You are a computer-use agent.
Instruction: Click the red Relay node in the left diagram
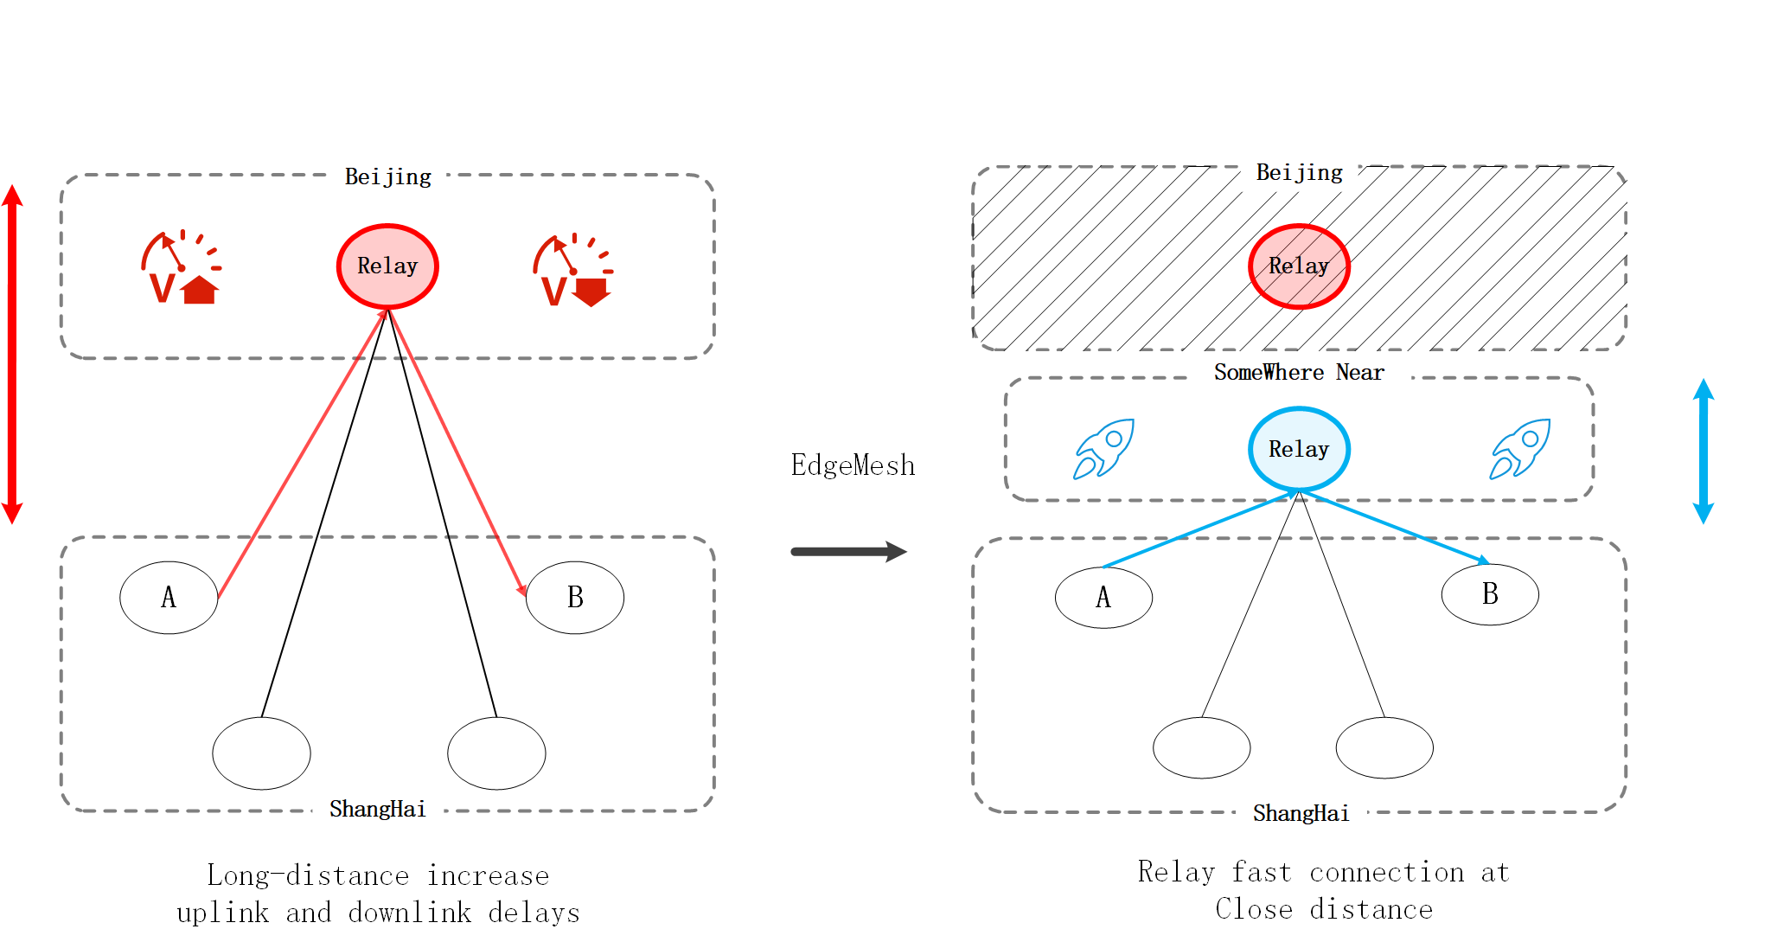[387, 266]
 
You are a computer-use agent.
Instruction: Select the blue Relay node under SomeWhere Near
[1299, 449]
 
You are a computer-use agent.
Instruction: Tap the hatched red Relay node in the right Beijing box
[1299, 266]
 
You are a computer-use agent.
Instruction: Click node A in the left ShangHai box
[169, 598]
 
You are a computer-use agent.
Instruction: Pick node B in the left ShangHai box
[575, 598]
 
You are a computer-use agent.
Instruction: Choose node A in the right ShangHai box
[1103, 598]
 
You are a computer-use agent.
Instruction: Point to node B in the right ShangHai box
[1490, 594]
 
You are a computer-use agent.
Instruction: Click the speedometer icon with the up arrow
[181, 268]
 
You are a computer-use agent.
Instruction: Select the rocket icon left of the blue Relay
[1103, 449]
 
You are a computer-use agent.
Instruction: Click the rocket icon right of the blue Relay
[1519, 449]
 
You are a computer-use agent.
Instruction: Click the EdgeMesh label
[853, 466]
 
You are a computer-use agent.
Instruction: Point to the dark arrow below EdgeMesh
[848, 552]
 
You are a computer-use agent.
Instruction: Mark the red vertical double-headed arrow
[12, 354]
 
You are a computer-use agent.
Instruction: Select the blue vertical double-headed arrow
[1704, 451]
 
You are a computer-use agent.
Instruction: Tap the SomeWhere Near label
[1299, 373]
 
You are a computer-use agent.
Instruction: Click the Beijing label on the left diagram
[387, 177]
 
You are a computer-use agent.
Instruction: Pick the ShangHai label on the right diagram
[1301, 814]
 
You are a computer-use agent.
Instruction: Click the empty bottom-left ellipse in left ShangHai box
[261, 753]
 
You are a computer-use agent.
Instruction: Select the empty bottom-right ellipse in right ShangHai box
[1384, 748]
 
